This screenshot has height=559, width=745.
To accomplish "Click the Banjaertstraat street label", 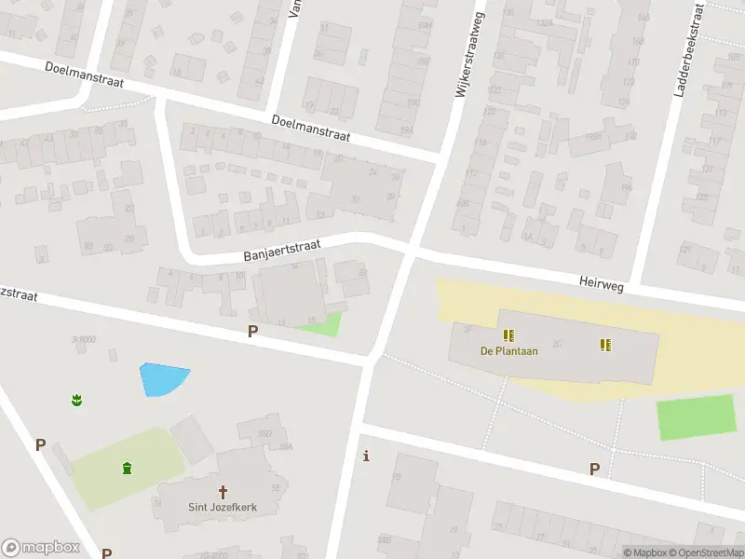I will tap(281, 249).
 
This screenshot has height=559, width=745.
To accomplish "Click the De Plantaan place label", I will tap(508, 351).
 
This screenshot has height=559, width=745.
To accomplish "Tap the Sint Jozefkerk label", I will tap(223, 508).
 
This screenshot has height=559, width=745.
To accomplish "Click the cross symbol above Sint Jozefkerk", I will tap(223, 492).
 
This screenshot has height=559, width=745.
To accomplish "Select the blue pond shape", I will tap(163, 378).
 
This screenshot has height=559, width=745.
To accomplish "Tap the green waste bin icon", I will tap(127, 467).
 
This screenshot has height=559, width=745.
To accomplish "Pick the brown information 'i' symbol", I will tap(367, 457).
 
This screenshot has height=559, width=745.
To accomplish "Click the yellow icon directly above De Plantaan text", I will tap(508, 334).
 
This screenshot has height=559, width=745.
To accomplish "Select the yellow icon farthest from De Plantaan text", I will tap(605, 345).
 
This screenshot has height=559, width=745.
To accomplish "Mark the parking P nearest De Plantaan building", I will tap(594, 469).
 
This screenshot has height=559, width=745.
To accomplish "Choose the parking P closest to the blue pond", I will tap(252, 331).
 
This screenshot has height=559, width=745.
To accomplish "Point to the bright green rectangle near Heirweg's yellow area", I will tap(696, 416).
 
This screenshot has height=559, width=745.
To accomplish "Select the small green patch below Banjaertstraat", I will tap(321, 324).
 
